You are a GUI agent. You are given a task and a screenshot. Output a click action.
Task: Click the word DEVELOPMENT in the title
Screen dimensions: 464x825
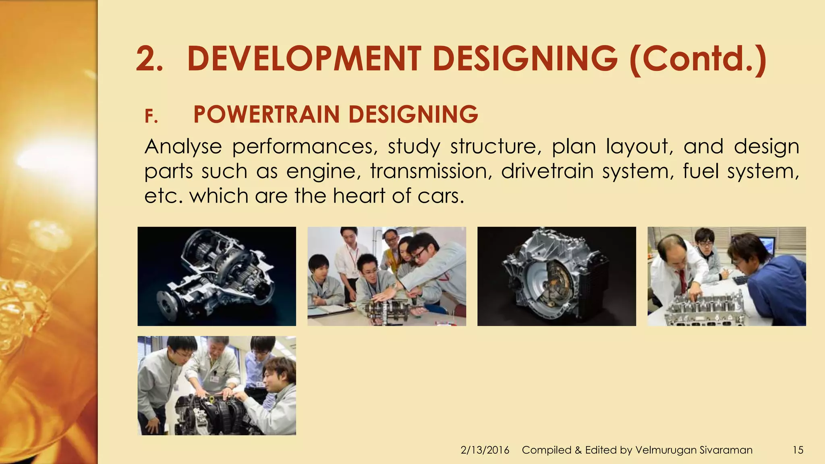coord(304,59)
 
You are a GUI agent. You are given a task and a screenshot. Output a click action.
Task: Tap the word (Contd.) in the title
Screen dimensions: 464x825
coord(697,59)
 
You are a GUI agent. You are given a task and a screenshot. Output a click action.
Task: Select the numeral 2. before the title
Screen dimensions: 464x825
coord(149,60)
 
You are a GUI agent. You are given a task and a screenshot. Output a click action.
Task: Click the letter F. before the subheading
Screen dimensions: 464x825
coord(151,117)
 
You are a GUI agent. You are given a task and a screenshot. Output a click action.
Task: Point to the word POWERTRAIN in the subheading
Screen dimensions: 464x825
coord(266,114)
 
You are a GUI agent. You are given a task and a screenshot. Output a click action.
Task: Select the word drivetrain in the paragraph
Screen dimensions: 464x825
coord(547,171)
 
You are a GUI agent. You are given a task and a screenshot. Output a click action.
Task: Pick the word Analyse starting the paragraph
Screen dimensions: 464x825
coord(183,147)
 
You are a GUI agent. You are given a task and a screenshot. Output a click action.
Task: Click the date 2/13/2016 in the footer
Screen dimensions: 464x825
coord(485,450)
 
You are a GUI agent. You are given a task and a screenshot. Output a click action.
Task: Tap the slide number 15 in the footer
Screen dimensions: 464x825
coord(798,450)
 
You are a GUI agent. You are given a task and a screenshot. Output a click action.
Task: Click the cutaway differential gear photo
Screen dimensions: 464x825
coord(217,276)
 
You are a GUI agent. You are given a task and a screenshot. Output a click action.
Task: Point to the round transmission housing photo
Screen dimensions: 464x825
coord(556,276)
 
